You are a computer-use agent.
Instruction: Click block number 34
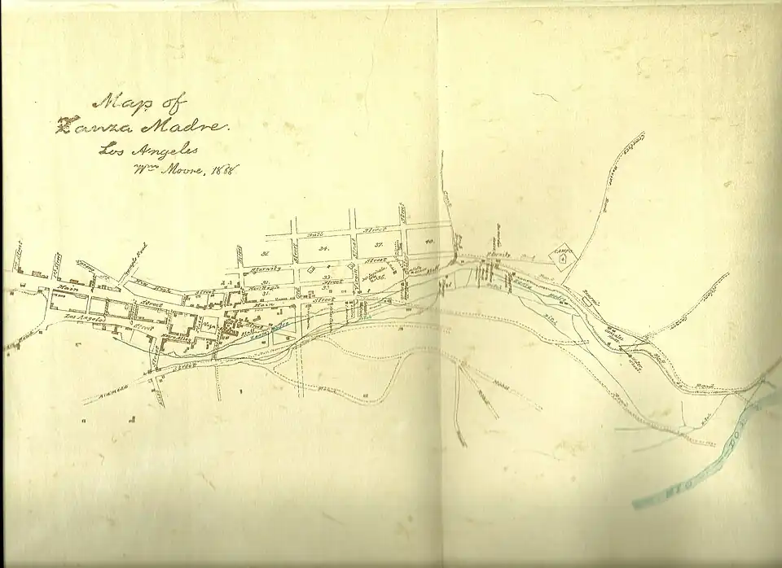click(x=323, y=247)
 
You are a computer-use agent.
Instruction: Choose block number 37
click(x=379, y=245)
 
